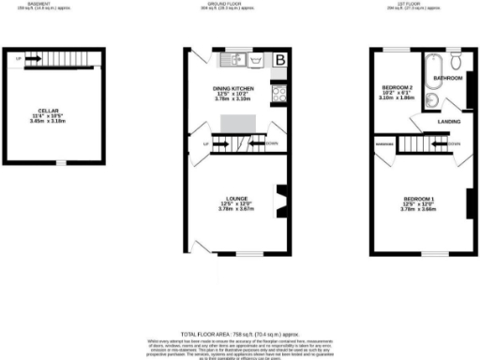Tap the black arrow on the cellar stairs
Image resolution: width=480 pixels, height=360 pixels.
(x=33, y=59)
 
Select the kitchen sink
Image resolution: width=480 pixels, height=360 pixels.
(x=232, y=62)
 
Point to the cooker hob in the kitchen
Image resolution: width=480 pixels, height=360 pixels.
(x=279, y=93)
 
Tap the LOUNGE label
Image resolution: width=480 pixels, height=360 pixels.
(x=236, y=199)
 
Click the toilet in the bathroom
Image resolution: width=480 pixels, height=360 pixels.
(x=455, y=60)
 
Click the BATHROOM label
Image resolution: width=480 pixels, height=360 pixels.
(x=447, y=78)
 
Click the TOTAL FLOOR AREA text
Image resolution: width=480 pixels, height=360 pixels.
(x=240, y=333)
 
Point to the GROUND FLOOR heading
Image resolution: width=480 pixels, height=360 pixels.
(x=240, y=4)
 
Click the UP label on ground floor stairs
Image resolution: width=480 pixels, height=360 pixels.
(x=204, y=143)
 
